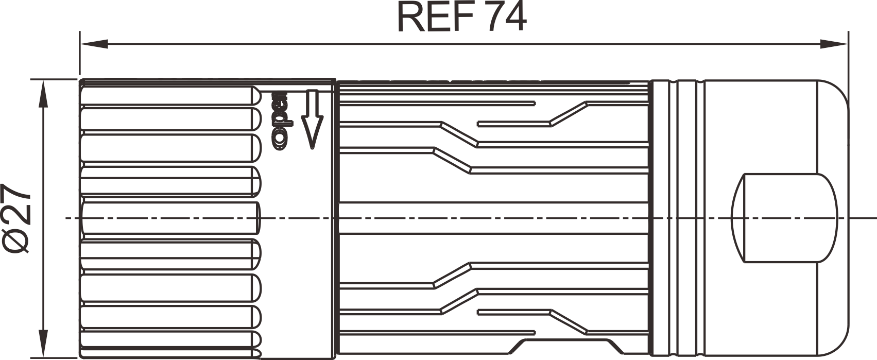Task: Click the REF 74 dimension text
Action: click(x=461, y=18)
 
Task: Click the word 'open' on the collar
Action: click(x=280, y=121)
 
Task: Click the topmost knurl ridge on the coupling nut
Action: click(x=170, y=96)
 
